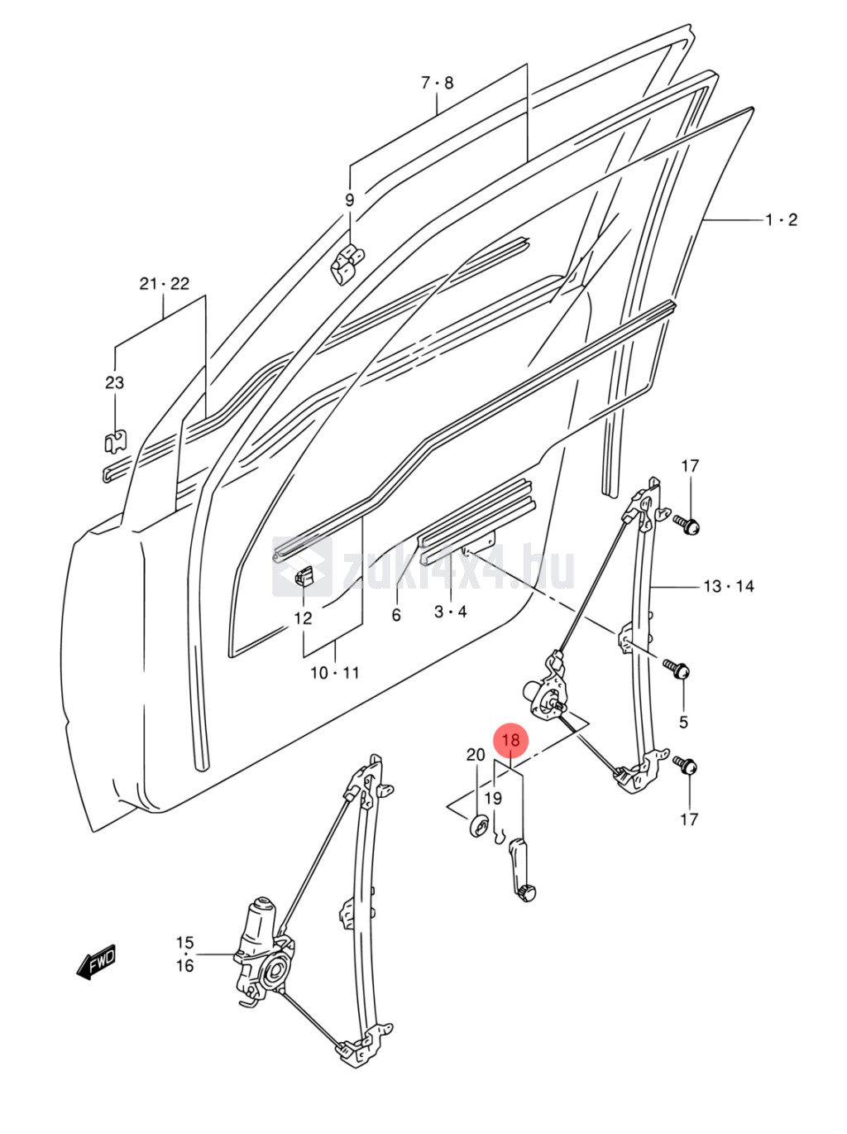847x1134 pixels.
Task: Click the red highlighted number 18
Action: [x=510, y=740]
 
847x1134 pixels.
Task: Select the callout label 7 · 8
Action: [x=438, y=83]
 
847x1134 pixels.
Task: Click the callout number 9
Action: [x=349, y=200]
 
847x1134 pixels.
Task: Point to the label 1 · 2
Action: [x=781, y=220]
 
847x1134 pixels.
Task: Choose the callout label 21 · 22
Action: [x=164, y=284]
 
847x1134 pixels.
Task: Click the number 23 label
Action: [x=114, y=382]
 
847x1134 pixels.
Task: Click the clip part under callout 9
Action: [x=347, y=262]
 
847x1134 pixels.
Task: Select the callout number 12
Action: [x=304, y=618]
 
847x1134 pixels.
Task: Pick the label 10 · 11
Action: [x=335, y=673]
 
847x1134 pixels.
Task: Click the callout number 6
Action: [x=396, y=615]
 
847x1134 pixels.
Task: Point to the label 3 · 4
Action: [x=451, y=612]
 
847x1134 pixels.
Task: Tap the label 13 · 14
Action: [x=729, y=587]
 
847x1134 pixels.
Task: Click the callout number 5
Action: [x=683, y=722]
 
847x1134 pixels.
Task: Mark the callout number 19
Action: [x=493, y=799]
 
